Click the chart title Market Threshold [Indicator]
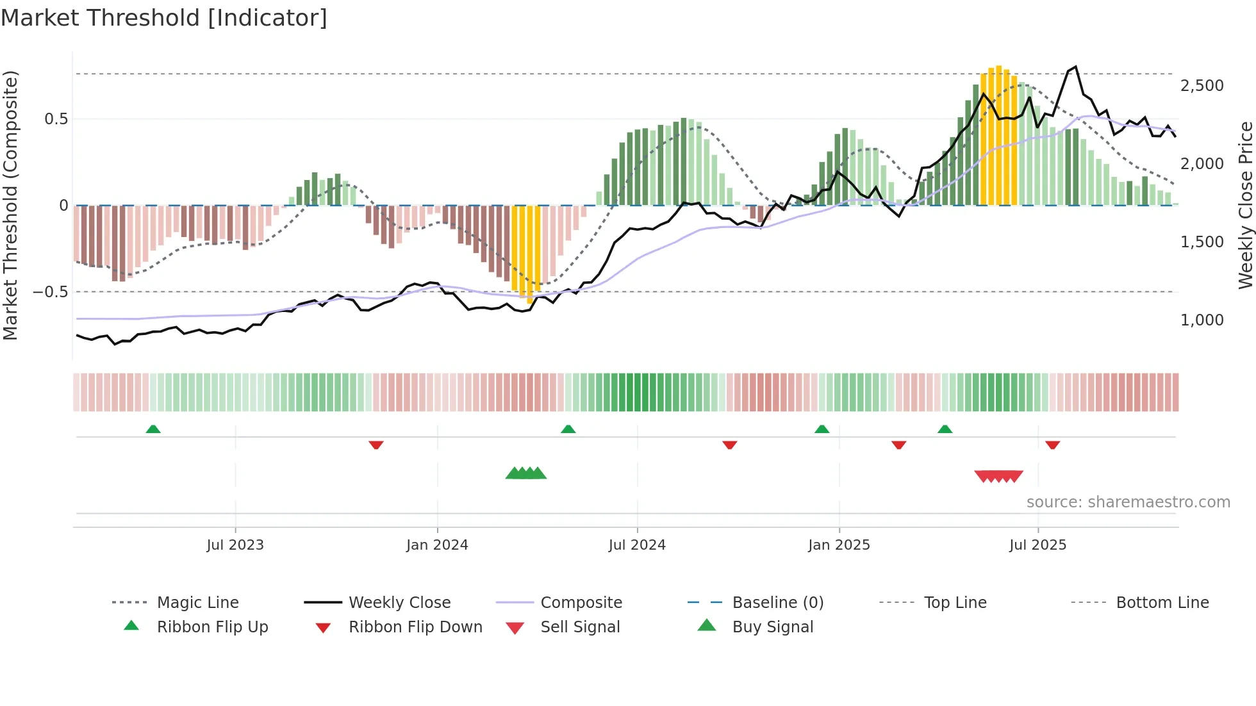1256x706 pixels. [164, 18]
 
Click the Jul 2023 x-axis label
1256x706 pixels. [235, 545]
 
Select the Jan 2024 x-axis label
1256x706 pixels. [437, 545]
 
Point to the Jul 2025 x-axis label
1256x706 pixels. [1037, 545]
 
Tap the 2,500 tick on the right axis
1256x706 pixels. [1202, 86]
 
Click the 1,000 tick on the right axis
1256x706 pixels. [1202, 320]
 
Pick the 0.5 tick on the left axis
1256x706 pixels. [56, 119]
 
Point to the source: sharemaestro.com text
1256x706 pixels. [1128, 502]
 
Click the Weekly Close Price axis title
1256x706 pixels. [1245, 205]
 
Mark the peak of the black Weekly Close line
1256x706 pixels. [1075, 67]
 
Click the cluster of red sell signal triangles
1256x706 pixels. [998, 477]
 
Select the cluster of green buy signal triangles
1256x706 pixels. [526, 473]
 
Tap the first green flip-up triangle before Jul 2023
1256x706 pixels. [153, 429]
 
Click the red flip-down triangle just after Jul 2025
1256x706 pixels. [1052, 445]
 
